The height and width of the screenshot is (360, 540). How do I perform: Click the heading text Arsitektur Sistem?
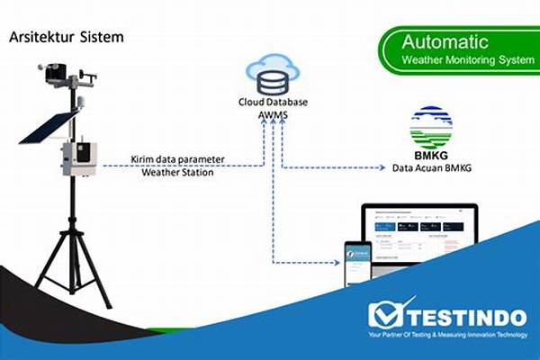click(x=65, y=38)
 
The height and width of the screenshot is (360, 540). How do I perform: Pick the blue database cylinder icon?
click(x=271, y=84)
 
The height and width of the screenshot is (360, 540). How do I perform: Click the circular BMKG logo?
click(x=431, y=127)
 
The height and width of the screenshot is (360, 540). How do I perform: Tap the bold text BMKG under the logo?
click(x=431, y=155)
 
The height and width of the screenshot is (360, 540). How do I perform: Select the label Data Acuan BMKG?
click(x=431, y=168)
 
